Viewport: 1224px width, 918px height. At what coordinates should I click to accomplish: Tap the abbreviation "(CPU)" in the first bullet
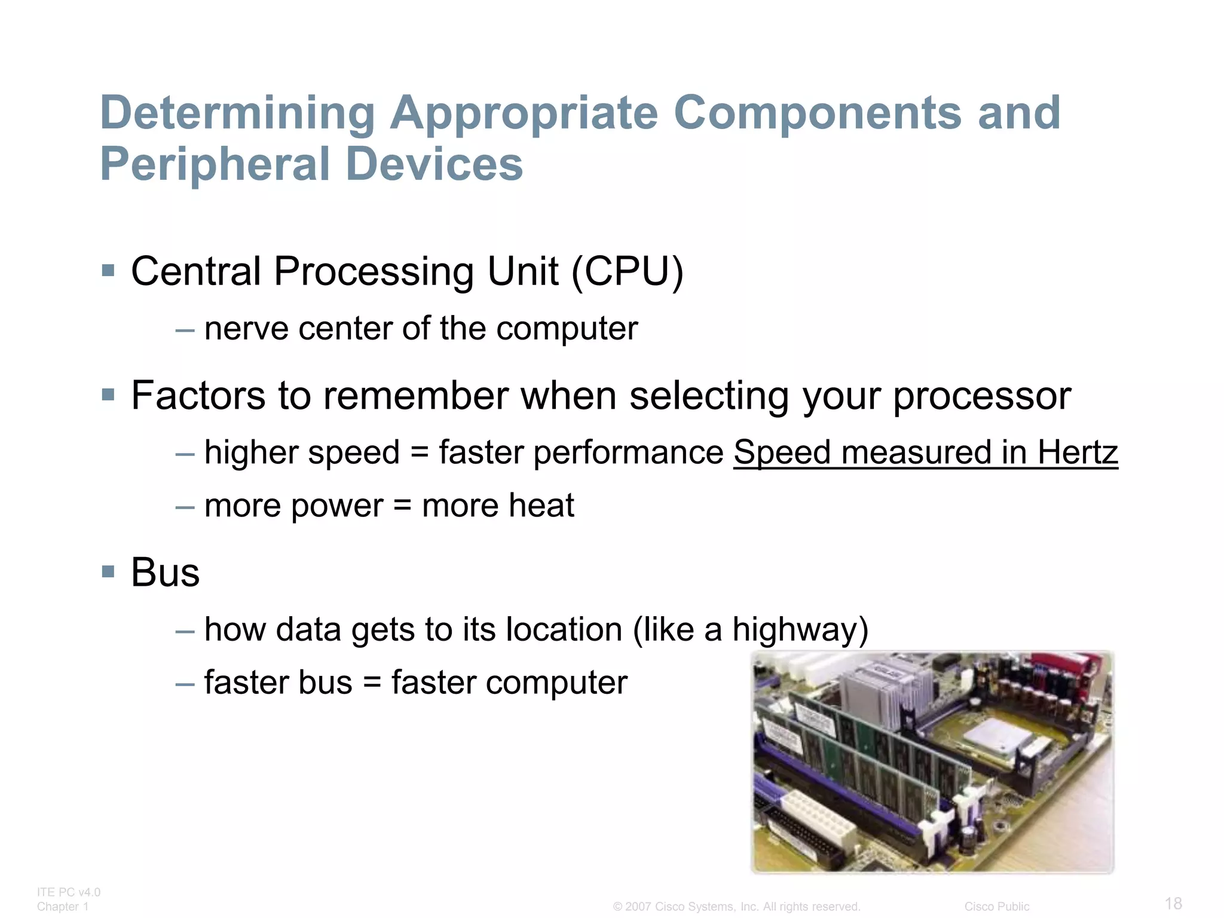(627, 272)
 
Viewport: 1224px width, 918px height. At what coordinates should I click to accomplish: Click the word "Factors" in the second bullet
(198, 396)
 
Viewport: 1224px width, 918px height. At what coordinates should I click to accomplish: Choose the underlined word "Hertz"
(1077, 452)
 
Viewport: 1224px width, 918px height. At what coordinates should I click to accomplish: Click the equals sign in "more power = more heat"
(402, 506)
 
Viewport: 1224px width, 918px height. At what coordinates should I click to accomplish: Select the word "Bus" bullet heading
(165, 573)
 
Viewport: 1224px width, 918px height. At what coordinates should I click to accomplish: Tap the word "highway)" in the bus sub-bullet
(800, 630)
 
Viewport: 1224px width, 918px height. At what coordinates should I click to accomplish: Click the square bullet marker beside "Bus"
(108, 572)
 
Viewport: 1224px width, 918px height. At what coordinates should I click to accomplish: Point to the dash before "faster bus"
(185, 683)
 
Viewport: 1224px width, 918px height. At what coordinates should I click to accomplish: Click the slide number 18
(1173, 903)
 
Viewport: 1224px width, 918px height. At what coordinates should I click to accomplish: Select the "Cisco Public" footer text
(996, 907)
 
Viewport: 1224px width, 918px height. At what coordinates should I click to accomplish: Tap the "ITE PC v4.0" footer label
(69, 892)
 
